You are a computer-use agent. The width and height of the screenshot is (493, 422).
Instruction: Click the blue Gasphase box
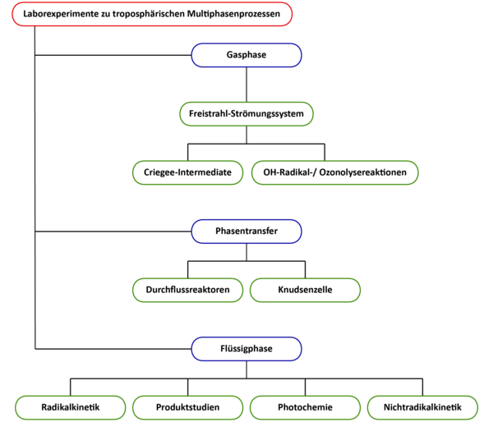[246, 55]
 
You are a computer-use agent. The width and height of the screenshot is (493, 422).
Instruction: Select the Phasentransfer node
[246, 232]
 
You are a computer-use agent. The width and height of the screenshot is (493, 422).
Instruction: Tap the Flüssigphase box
[246, 349]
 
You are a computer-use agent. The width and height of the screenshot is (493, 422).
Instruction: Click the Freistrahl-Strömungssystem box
[246, 114]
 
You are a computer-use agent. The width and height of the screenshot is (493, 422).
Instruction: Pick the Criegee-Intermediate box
[187, 172]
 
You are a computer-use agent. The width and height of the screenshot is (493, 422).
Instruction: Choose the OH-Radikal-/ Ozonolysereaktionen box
[335, 172]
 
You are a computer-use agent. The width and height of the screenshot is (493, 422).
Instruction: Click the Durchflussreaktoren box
[187, 290]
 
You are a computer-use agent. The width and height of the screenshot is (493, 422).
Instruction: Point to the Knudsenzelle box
[305, 290]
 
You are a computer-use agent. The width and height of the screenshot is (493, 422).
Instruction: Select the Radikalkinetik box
[71, 407]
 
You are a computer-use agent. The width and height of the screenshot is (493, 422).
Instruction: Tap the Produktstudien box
[187, 407]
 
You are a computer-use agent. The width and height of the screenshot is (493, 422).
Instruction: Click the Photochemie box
[305, 407]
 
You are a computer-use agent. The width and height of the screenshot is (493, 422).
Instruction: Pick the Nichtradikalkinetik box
[422, 407]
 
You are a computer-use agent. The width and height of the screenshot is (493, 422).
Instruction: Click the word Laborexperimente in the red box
[61, 14]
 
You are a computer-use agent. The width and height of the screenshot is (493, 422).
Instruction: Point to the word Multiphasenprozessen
[233, 14]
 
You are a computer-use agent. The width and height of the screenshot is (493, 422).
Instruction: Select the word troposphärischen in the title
[149, 14]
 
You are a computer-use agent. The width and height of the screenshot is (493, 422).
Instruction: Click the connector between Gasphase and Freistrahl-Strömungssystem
[246, 85]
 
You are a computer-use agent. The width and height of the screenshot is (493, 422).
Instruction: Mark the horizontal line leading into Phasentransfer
[113, 232]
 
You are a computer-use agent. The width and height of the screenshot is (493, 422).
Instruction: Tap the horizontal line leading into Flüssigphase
[113, 349]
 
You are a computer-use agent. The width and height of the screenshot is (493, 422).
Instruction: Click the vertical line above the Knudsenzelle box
[305, 269]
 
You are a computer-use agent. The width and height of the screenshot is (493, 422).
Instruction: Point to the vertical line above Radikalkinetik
[71, 388]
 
